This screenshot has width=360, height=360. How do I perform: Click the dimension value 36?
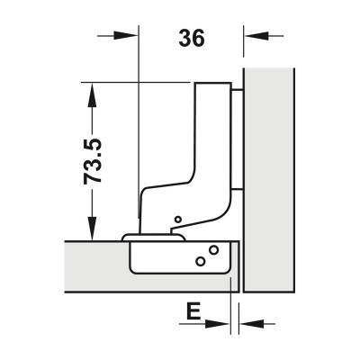(x=192, y=39)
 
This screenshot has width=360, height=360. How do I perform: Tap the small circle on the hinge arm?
(x=177, y=220)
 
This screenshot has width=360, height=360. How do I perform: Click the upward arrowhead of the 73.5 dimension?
(x=91, y=89)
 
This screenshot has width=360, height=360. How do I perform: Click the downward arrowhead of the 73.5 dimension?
(x=91, y=231)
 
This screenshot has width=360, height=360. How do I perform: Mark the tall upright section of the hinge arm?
(x=214, y=135)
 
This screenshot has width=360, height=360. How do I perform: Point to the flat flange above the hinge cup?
(x=153, y=236)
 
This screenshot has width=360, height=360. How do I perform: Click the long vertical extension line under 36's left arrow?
(x=139, y=135)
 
